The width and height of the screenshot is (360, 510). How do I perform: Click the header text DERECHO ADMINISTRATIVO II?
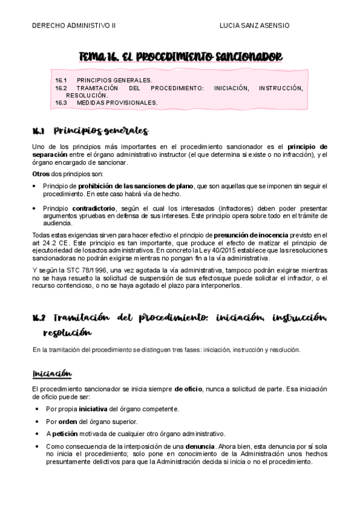(74, 26)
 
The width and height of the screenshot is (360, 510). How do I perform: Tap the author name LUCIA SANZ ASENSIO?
(255, 26)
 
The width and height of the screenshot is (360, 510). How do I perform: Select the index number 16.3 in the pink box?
(61, 103)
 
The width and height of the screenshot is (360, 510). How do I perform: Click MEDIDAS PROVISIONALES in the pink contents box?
(117, 103)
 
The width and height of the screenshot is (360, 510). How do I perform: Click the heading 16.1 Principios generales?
(90, 131)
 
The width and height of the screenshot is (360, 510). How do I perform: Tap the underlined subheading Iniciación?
(52, 374)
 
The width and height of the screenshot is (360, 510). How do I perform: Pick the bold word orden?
(68, 421)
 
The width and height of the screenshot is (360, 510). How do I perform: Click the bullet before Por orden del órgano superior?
(38, 421)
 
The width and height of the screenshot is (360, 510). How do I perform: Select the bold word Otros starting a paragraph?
(41, 174)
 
